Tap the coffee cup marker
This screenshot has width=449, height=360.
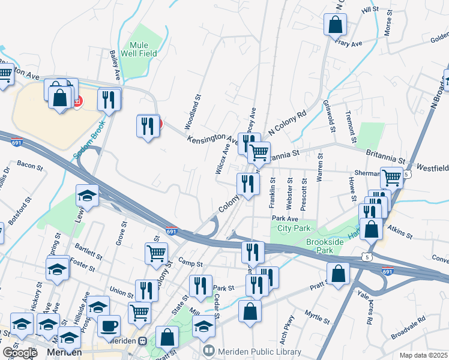[x=109, y=326]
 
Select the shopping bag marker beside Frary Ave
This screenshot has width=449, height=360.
[x=335, y=25]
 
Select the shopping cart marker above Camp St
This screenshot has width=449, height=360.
[x=156, y=253]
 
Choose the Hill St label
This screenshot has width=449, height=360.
[x=370, y=9]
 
